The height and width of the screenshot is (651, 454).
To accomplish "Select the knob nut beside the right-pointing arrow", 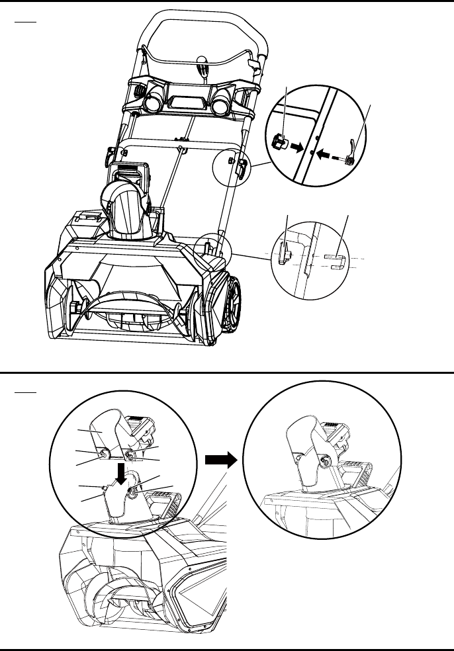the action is pos(278,141).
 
